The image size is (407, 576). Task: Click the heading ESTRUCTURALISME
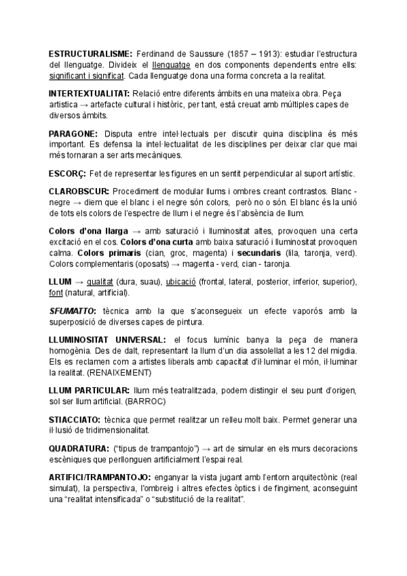[90, 53]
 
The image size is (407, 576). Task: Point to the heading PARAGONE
[73, 134]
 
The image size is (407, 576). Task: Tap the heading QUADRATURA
[78, 449]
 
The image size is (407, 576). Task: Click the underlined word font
[57, 292]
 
